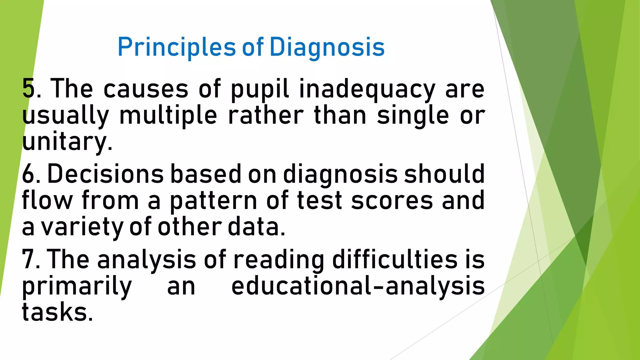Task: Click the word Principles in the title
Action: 176,47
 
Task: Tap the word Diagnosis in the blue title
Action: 327,47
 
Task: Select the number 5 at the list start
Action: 28,88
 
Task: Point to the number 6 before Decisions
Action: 28,174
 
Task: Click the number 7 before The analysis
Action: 28,259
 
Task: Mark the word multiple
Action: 168,116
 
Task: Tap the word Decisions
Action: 105,174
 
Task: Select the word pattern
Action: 213,201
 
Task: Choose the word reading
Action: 279,260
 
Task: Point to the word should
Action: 444,174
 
